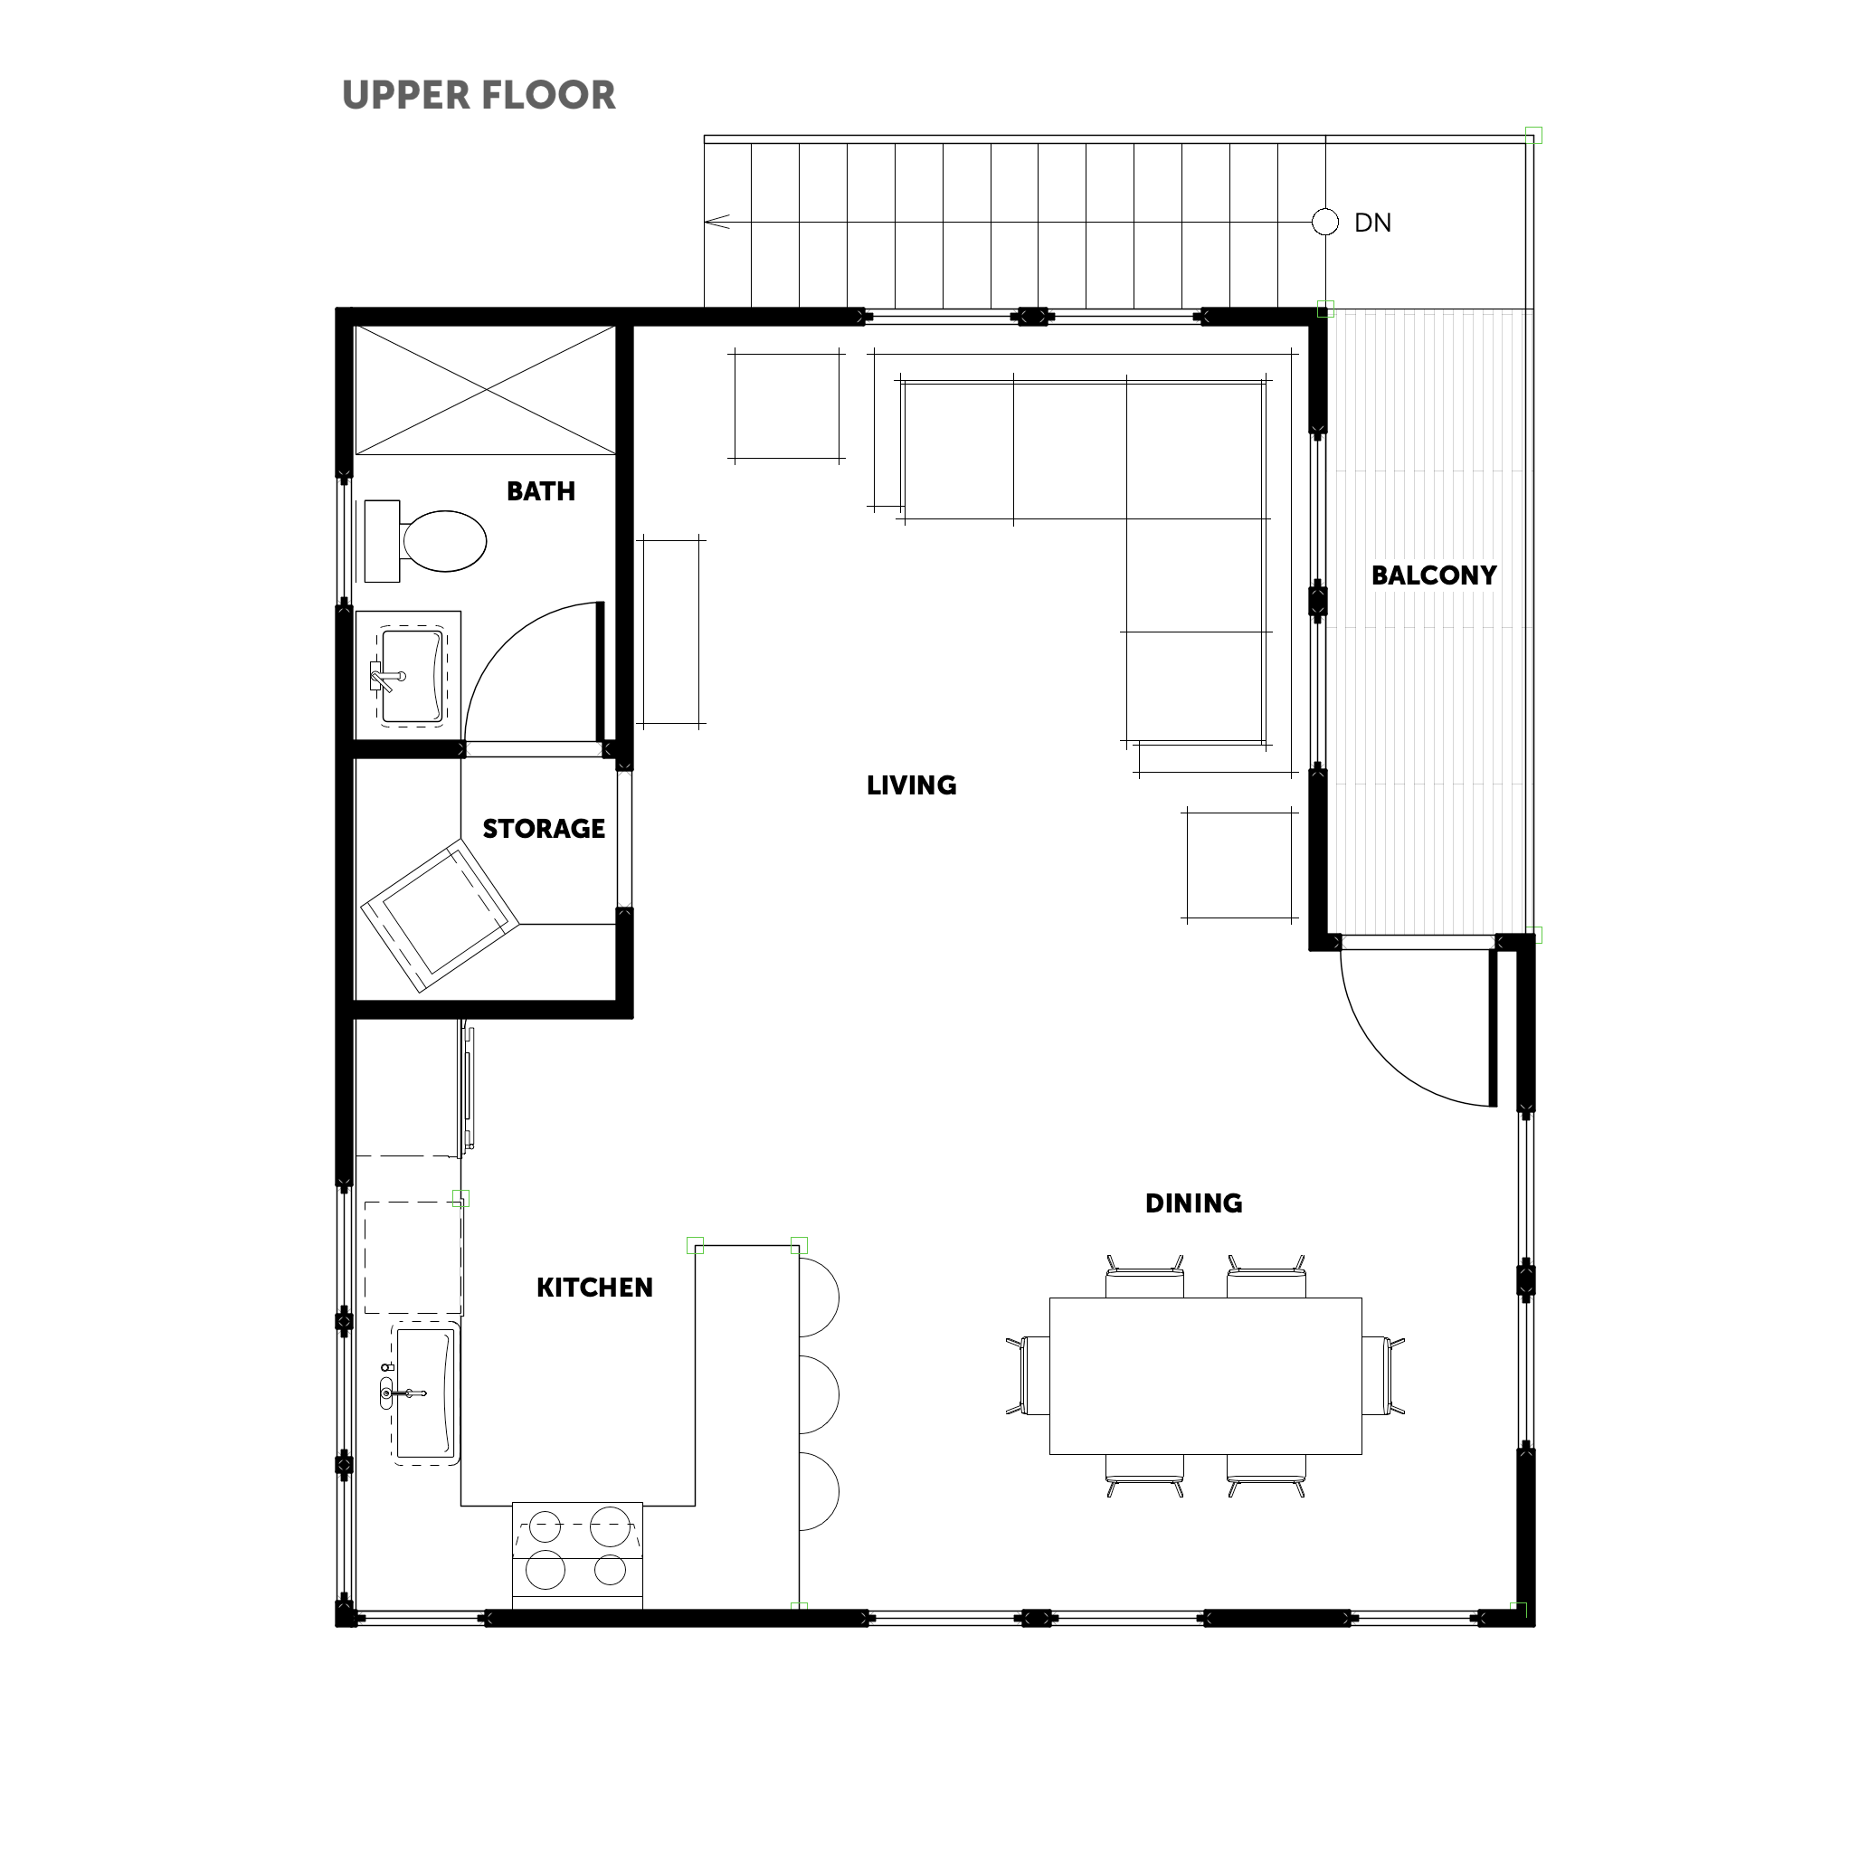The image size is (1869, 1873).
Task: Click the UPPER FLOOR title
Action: click(x=479, y=95)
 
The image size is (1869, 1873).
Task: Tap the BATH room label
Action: click(x=541, y=491)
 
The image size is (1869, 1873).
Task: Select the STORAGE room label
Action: click(x=544, y=829)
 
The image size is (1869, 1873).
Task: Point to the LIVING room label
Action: click(x=911, y=785)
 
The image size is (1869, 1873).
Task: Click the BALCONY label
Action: click(x=1434, y=575)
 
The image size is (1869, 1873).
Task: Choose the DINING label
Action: click(x=1193, y=1203)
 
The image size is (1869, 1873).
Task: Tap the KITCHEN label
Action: click(x=594, y=1288)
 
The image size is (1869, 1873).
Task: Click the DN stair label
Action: click(x=1372, y=223)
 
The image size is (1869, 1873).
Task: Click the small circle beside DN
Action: click(x=1325, y=222)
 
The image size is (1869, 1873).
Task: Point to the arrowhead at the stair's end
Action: click(x=716, y=222)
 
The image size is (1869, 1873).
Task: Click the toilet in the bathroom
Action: click(x=425, y=541)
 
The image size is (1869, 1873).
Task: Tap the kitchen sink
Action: click(x=424, y=1393)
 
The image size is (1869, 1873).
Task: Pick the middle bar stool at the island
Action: click(x=819, y=1395)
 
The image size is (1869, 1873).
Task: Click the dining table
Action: click(x=1205, y=1375)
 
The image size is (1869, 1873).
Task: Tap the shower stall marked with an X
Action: click(x=485, y=390)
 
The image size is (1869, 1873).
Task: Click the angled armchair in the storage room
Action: click(x=439, y=916)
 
